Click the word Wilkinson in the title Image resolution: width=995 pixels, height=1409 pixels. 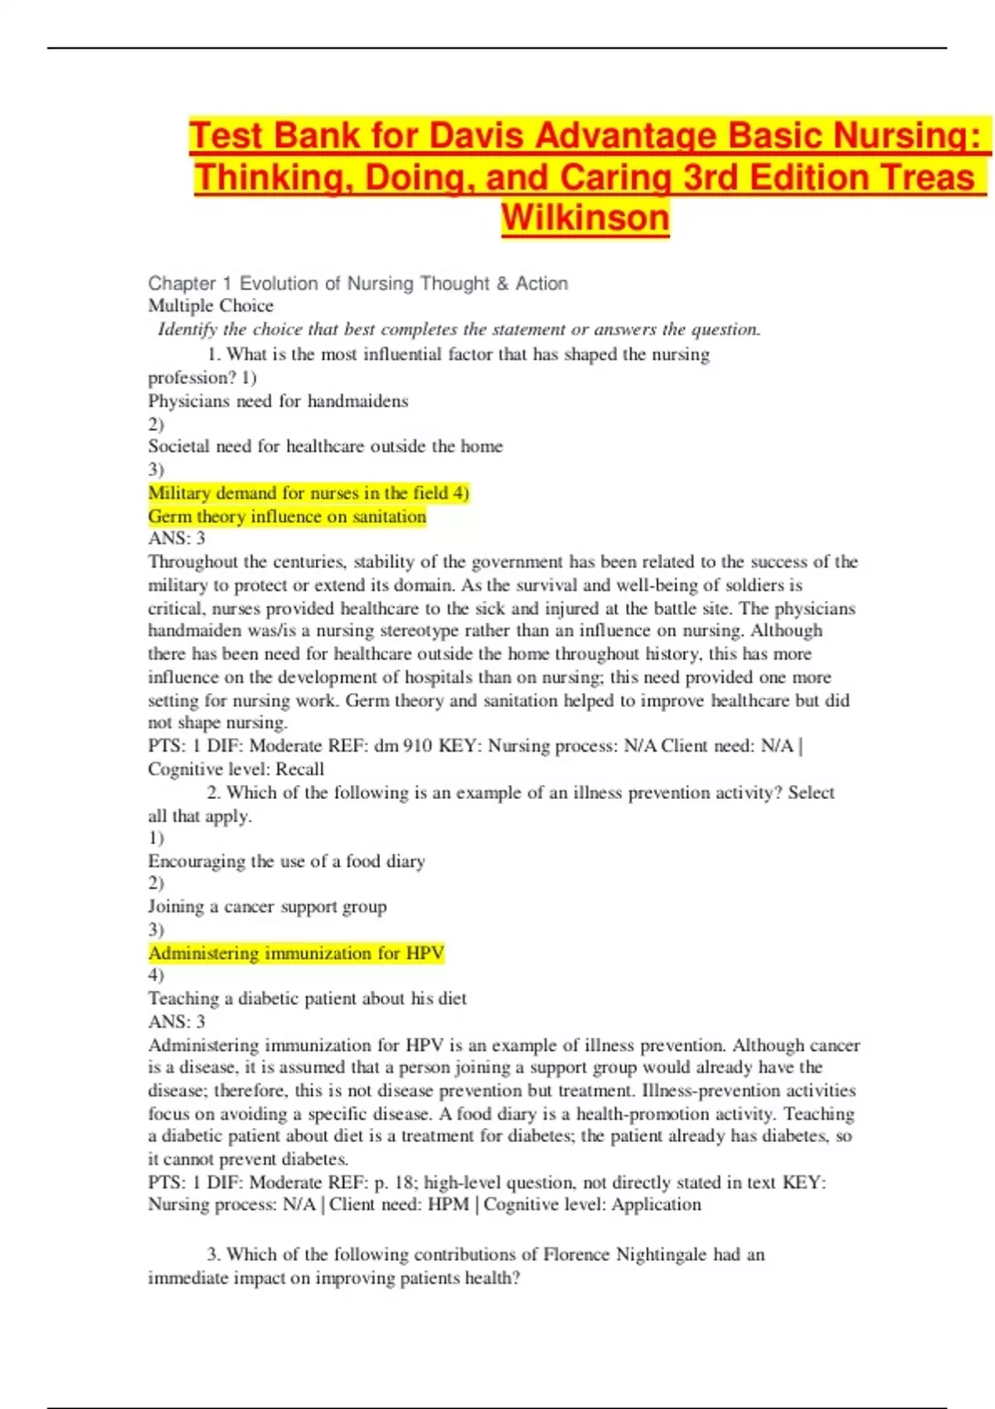click(x=585, y=218)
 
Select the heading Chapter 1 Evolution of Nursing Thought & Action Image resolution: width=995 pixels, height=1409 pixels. click(x=357, y=283)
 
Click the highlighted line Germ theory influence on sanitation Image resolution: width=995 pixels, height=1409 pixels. click(x=287, y=516)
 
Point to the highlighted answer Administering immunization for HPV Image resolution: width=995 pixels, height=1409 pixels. click(x=296, y=953)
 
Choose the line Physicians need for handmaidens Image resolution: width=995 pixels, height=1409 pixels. click(x=278, y=401)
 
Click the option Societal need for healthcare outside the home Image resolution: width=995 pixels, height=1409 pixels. click(x=325, y=446)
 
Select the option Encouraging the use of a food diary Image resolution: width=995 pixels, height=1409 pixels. click(x=286, y=861)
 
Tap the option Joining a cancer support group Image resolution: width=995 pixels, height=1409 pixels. click(x=267, y=907)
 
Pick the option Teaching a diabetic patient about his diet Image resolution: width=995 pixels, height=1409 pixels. click(x=307, y=999)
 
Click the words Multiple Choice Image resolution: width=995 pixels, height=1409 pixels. click(x=211, y=306)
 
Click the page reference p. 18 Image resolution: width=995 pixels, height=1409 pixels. click(x=393, y=1182)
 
